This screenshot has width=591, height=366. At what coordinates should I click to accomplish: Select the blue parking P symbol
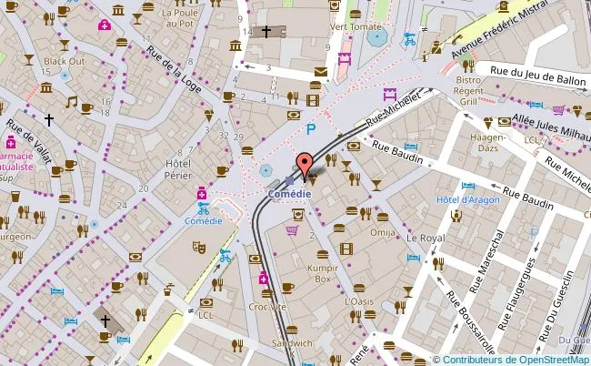point(311,130)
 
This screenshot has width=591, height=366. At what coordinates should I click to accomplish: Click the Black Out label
point(64,61)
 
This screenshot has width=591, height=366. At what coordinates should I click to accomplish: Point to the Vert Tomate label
point(356,26)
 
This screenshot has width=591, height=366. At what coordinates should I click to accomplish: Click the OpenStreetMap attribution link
point(543,358)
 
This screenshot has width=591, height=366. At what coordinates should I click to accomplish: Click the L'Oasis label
point(359,300)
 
